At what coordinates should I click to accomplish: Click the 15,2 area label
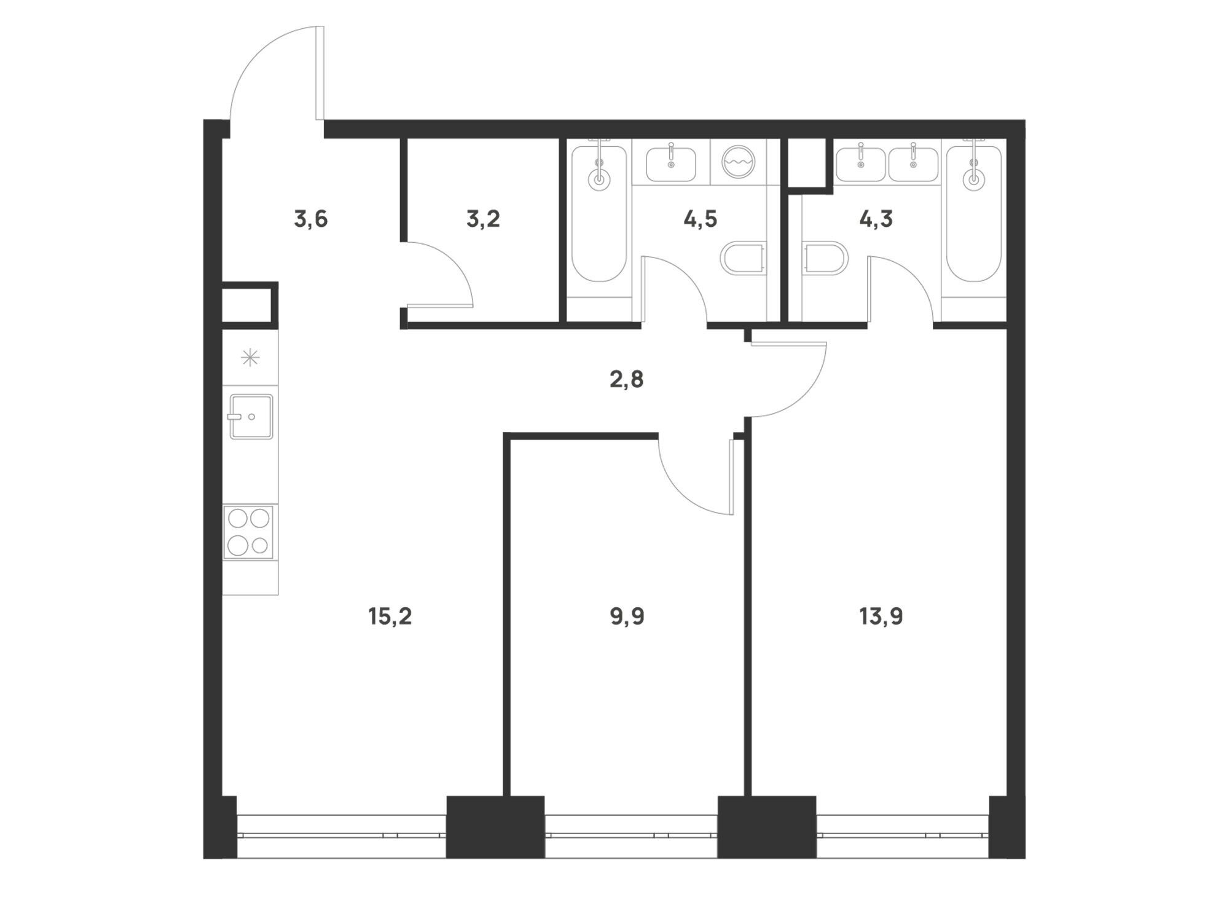point(390,616)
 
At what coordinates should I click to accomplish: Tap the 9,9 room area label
point(627,616)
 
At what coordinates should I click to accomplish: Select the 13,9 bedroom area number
point(881,616)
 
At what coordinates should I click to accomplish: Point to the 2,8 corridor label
point(627,380)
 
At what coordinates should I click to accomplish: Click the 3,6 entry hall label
point(311,219)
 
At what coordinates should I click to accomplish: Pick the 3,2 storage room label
point(483,219)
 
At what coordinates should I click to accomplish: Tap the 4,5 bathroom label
point(701,219)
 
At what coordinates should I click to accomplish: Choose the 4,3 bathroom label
point(876,219)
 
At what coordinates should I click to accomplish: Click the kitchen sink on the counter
point(251,416)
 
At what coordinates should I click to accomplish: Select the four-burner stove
point(249,532)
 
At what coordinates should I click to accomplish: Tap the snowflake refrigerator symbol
point(250,358)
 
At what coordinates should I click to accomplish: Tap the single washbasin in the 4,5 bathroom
point(671,165)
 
